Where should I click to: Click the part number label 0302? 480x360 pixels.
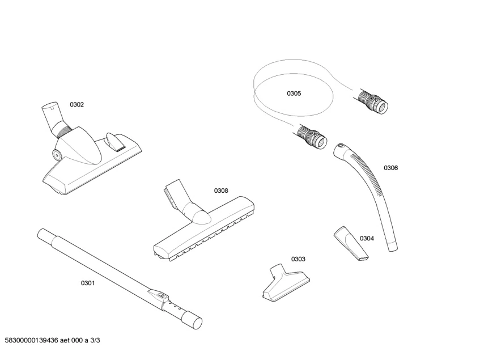click(x=77, y=104)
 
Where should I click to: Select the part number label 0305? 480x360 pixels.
click(x=294, y=94)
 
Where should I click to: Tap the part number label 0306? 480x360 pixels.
click(x=390, y=168)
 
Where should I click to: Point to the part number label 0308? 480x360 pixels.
click(x=221, y=190)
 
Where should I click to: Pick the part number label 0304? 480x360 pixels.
click(x=367, y=239)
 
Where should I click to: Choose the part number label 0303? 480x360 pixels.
click(x=298, y=259)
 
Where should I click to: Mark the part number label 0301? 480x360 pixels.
click(x=87, y=283)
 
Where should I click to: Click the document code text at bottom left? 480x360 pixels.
click(x=52, y=340)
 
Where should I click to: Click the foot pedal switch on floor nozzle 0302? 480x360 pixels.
click(x=116, y=142)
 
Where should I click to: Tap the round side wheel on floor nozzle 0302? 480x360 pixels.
click(x=57, y=154)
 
